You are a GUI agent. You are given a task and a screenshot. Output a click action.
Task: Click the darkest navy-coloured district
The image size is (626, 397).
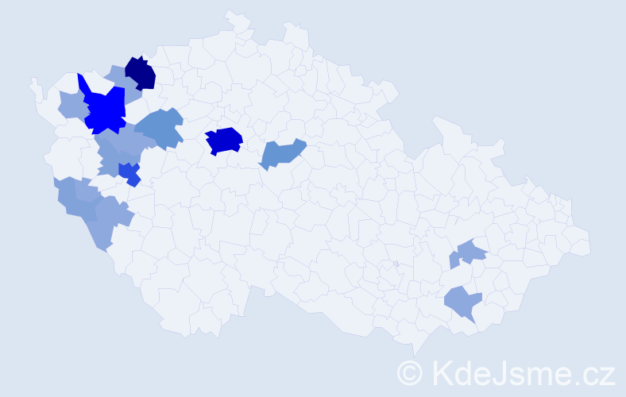(x=141, y=72)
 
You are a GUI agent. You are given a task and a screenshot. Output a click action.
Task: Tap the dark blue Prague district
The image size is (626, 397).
(x=224, y=140)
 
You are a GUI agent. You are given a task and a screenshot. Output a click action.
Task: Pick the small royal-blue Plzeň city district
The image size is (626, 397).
(x=128, y=172)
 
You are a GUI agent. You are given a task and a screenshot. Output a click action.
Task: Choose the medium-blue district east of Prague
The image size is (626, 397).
(x=281, y=153)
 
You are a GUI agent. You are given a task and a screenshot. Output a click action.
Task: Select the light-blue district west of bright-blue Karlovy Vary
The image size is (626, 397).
(x=71, y=104)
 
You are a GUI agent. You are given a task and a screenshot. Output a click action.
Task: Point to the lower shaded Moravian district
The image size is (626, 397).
(x=463, y=303)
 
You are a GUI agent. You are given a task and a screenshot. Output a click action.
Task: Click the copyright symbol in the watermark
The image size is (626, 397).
(x=410, y=372)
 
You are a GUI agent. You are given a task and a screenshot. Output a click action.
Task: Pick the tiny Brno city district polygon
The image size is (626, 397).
(x=395, y=264)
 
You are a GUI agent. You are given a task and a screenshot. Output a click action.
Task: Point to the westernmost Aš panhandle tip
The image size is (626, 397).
(x=32, y=82)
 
